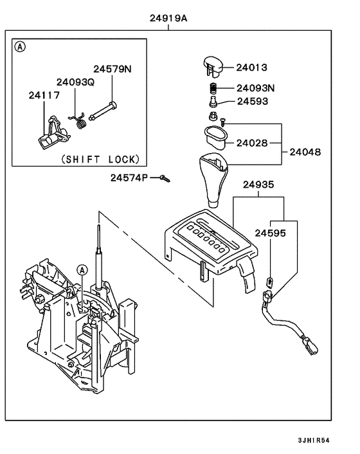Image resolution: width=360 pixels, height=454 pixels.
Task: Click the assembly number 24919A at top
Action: (x=168, y=19)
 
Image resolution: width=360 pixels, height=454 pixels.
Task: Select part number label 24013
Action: (x=251, y=68)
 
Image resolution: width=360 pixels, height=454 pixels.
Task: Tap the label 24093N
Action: (x=255, y=88)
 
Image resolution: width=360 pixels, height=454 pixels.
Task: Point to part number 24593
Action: (x=252, y=102)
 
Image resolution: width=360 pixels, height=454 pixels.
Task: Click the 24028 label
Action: (x=251, y=142)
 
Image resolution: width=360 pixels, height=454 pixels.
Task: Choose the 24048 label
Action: (x=305, y=152)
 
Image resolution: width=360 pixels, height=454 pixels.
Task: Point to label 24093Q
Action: (x=75, y=82)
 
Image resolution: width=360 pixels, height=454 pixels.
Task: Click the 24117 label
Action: (x=44, y=95)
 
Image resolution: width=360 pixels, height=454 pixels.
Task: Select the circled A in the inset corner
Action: (x=21, y=47)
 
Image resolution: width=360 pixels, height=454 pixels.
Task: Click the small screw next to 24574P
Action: (x=166, y=178)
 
